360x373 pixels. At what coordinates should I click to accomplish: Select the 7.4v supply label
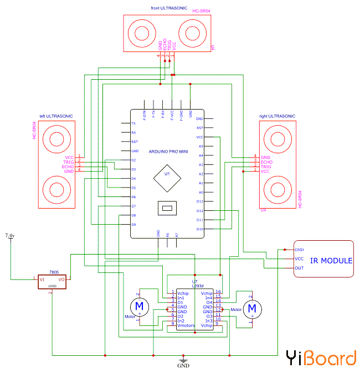click(x=9, y=236)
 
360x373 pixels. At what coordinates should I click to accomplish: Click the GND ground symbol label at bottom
click(x=183, y=366)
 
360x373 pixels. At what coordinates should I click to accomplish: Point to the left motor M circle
click(x=138, y=305)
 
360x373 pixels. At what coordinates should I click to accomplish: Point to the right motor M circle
click(x=253, y=307)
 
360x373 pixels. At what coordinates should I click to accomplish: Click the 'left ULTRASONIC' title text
click(x=56, y=116)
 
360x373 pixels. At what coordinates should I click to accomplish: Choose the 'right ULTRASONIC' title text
click(x=277, y=116)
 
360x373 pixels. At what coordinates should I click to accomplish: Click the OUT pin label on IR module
click(x=299, y=268)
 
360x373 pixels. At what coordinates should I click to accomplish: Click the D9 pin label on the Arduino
click(x=133, y=224)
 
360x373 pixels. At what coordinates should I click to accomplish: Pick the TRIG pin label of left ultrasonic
click(x=68, y=161)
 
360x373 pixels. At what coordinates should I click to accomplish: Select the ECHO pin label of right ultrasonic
click(x=266, y=162)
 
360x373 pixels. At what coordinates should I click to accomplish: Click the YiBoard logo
click(x=321, y=358)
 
